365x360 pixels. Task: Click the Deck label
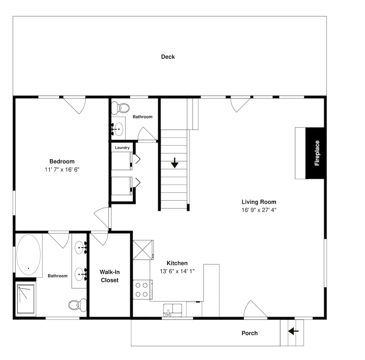click(168, 57)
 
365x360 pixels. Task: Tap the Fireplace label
click(317, 153)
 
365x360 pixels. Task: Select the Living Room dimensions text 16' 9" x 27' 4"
click(259, 210)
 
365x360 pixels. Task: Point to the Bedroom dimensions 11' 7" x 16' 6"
click(62, 169)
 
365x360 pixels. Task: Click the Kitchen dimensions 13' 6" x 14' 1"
click(177, 271)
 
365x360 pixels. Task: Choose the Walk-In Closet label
click(109, 276)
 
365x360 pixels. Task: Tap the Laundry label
click(122, 148)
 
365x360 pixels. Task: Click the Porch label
click(250, 333)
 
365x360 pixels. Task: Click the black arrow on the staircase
click(174, 163)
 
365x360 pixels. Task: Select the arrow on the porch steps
click(293, 331)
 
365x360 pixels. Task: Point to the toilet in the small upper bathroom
click(120, 108)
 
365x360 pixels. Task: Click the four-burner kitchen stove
click(142, 290)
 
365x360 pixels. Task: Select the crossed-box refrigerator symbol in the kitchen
click(143, 250)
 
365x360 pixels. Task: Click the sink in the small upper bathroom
click(119, 129)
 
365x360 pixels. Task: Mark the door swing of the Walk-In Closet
click(100, 238)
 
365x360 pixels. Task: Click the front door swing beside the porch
click(255, 309)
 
